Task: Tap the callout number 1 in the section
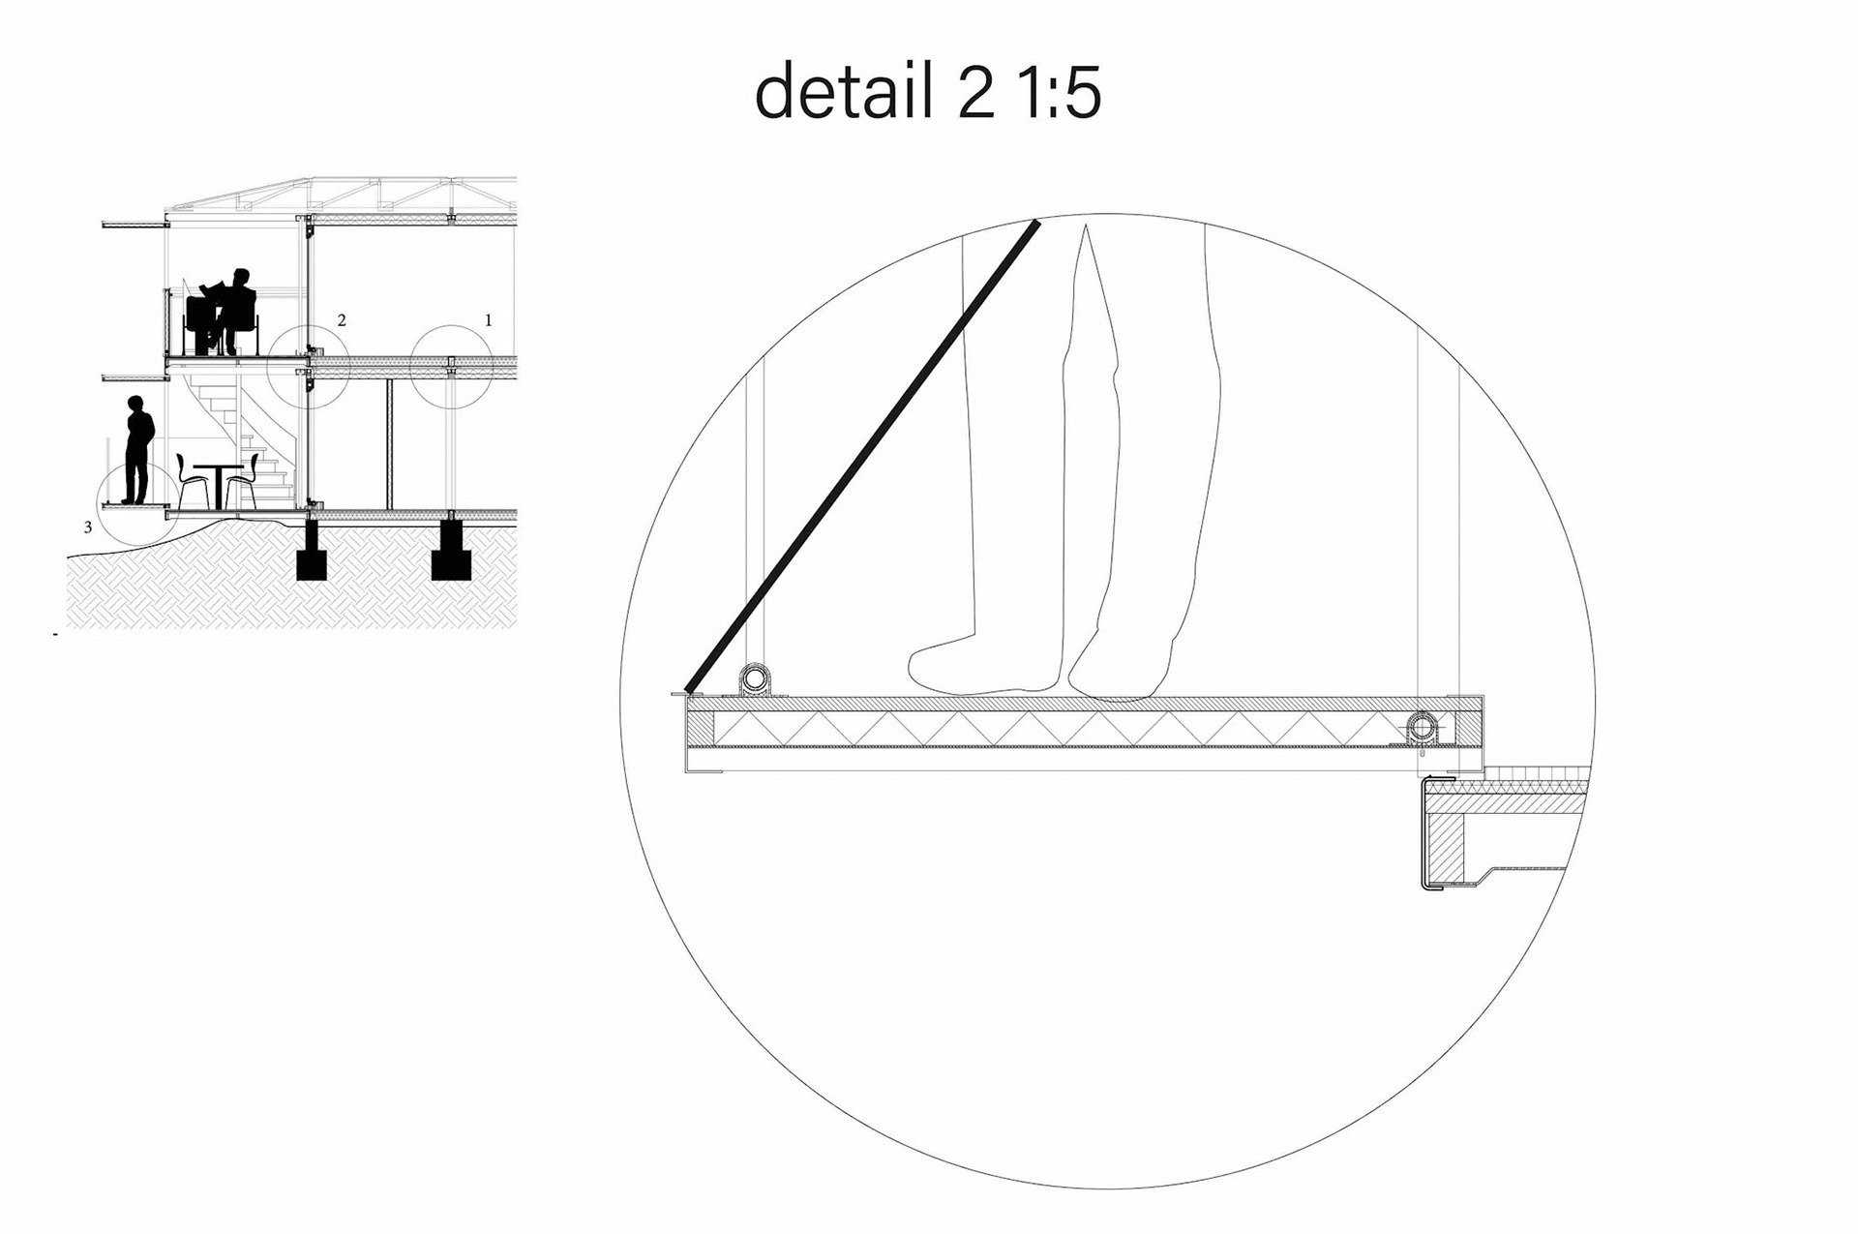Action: (x=489, y=320)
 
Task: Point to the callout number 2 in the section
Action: (x=342, y=320)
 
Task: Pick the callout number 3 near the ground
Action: (x=88, y=527)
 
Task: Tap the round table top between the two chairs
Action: (x=218, y=467)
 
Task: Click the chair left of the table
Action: (x=191, y=481)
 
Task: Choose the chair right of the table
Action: (x=244, y=481)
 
